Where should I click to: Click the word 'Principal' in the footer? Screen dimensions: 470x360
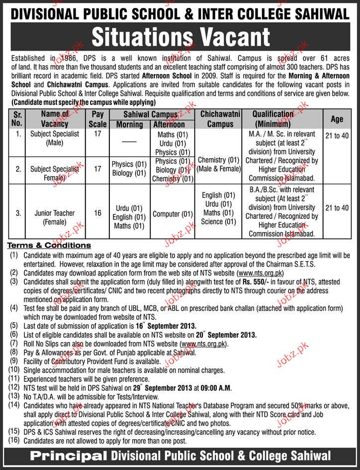click(x=70, y=456)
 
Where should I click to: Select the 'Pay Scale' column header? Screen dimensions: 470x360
click(x=97, y=119)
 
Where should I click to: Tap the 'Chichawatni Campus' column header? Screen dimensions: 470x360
click(x=220, y=119)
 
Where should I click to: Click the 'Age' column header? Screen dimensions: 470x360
click(x=337, y=119)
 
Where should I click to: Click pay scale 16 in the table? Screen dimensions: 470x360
click(x=97, y=213)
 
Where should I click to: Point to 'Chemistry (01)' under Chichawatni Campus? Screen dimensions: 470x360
click(x=219, y=160)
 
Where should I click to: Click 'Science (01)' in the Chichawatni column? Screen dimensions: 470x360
click(x=219, y=221)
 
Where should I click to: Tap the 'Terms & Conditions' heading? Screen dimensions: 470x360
click(x=48, y=245)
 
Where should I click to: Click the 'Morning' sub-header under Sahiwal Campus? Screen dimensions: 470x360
click(x=129, y=125)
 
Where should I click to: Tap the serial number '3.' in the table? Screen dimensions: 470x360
click(x=18, y=213)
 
